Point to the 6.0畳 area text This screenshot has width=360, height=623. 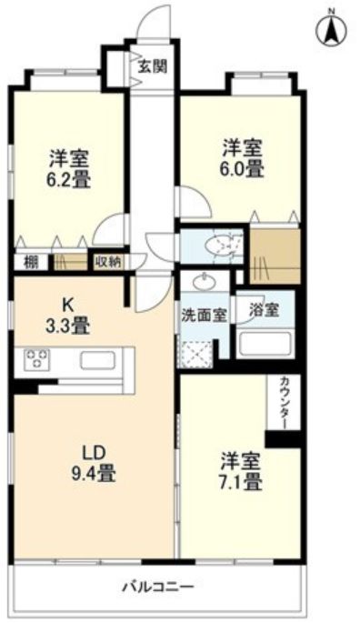244,169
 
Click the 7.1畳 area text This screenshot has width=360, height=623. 241,480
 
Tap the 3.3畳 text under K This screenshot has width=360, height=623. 70,323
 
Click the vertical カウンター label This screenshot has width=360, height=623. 284,402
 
